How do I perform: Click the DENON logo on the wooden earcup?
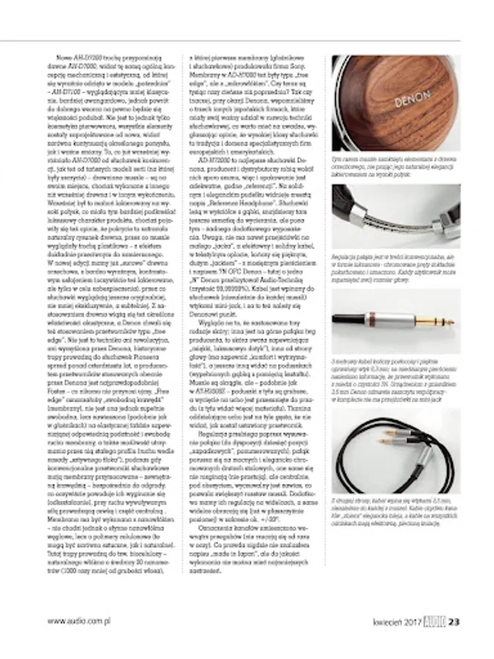click(x=412, y=99)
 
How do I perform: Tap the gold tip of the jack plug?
click(x=444, y=321)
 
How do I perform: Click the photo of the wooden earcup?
click(x=395, y=103)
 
